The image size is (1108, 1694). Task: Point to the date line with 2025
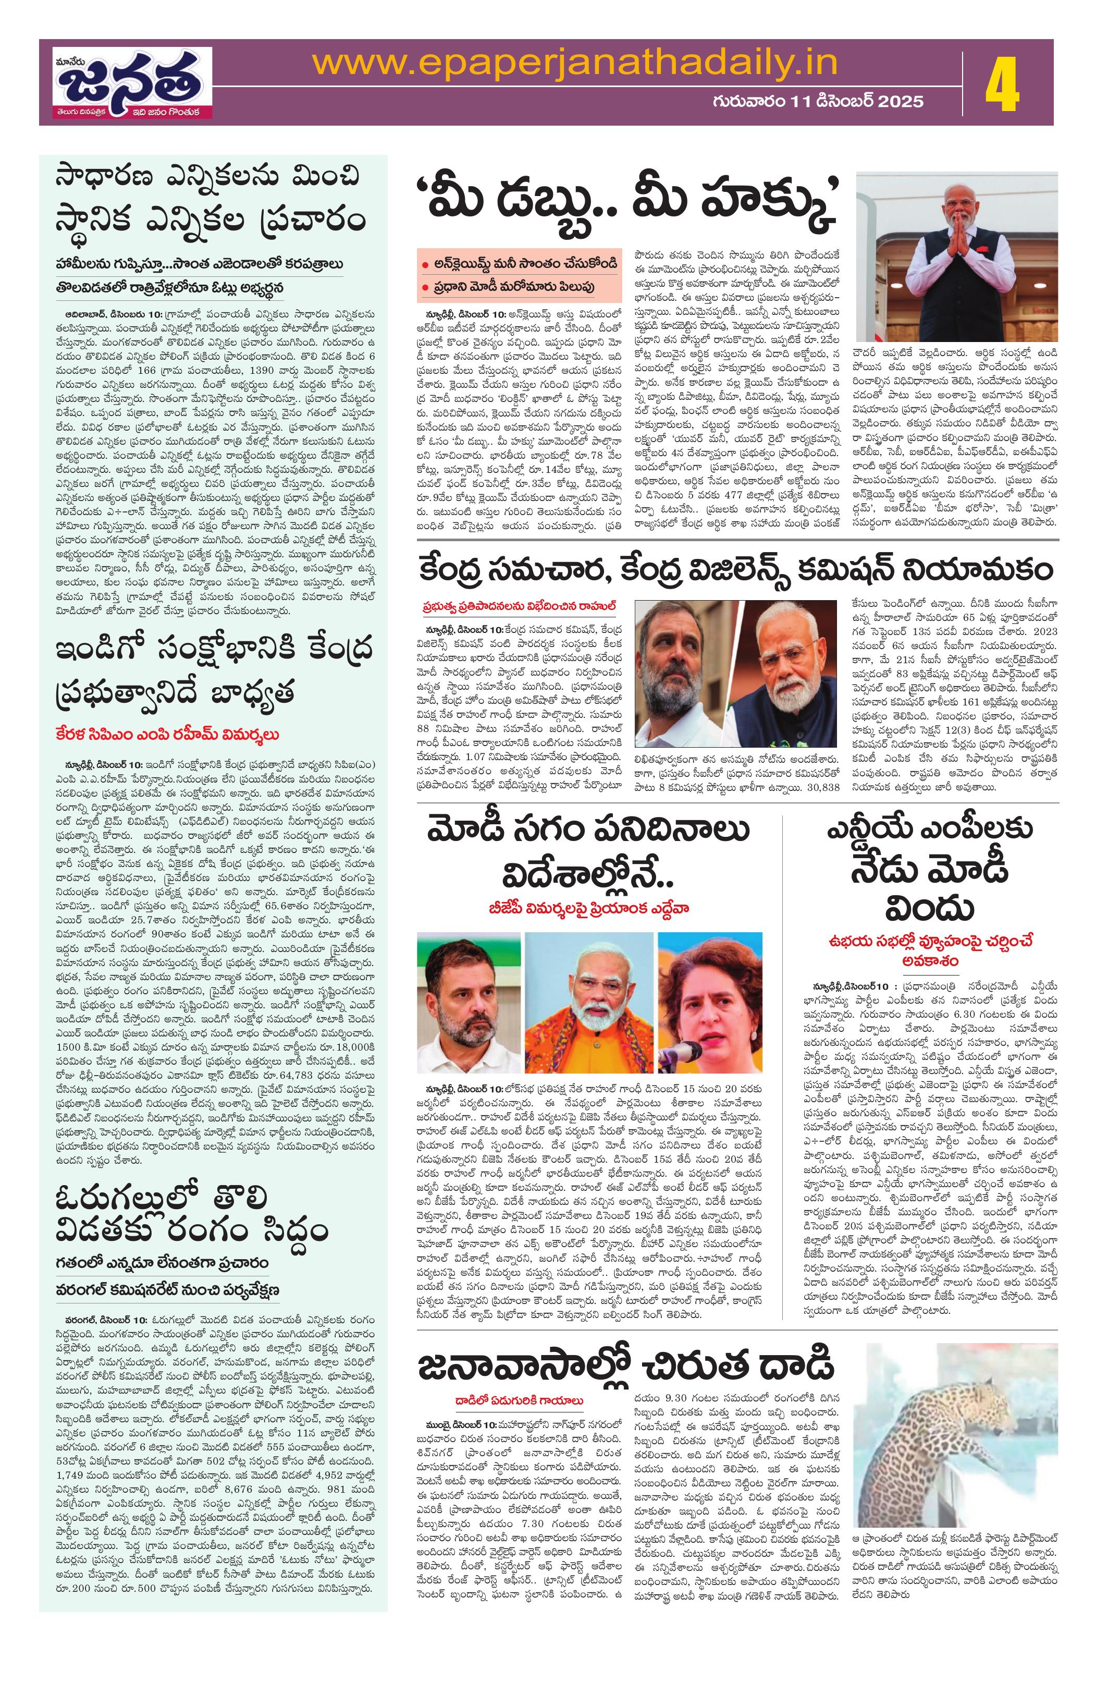818,101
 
